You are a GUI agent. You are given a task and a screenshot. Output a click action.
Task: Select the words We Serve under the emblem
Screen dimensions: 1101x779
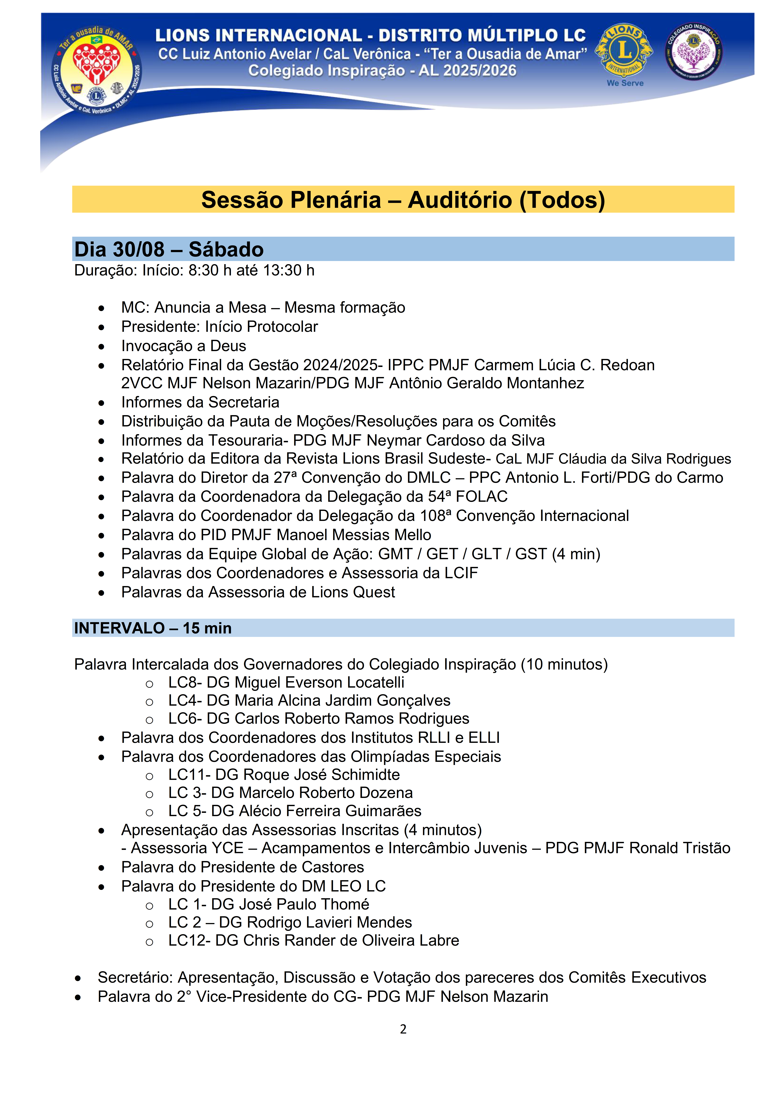(x=625, y=83)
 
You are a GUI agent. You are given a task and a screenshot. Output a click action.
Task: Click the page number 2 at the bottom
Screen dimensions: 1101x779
(x=403, y=1029)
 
